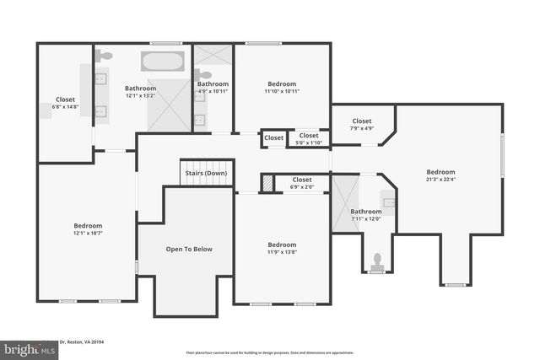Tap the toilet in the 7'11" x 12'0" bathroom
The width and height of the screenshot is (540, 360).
coord(377,260)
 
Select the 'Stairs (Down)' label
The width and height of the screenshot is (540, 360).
coord(206,174)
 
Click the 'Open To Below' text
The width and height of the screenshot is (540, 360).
coord(189,249)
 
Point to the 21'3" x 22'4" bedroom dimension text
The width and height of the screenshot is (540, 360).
coord(440,178)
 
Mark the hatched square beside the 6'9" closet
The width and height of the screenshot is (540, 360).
coord(267,183)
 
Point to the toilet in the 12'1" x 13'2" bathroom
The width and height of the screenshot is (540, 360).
coord(104,56)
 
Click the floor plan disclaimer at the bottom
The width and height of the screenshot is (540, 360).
coord(270,352)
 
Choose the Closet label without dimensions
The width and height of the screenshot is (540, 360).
coord(273,138)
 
